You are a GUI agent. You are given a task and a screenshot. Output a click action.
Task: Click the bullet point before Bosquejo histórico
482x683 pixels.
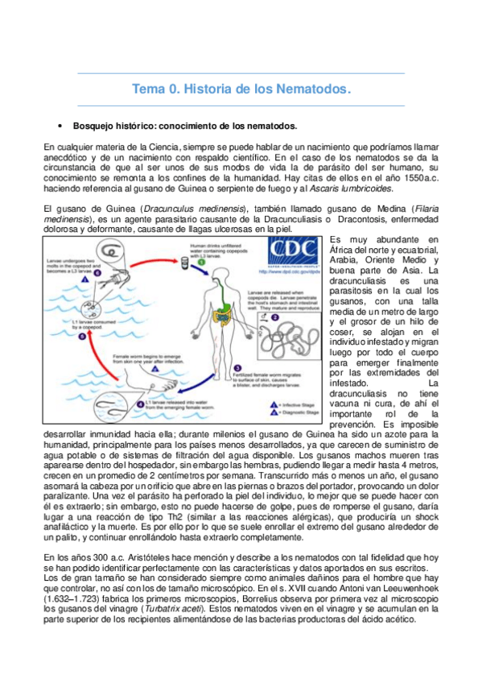click(61, 127)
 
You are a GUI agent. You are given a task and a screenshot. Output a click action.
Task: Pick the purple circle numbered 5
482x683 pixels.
click(80, 337)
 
